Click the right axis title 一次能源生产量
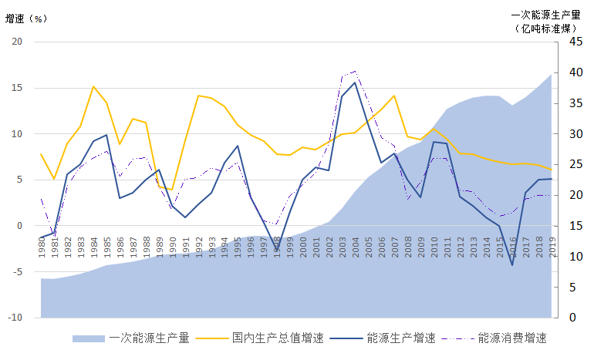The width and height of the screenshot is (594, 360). [x=545, y=14]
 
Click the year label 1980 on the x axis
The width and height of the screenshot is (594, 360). [x=41, y=250]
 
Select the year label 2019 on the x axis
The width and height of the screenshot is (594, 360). [x=552, y=250]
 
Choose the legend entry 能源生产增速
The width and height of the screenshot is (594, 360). [x=400, y=338]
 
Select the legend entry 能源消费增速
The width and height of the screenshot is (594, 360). [x=511, y=338]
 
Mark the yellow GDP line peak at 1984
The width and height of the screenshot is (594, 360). [x=93, y=86]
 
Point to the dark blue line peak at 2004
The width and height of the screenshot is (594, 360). [x=355, y=82]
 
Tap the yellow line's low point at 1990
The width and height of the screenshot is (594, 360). [x=172, y=190]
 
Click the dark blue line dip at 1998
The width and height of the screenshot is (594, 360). [x=277, y=251]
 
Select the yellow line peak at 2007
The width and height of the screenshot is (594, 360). [x=394, y=96]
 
